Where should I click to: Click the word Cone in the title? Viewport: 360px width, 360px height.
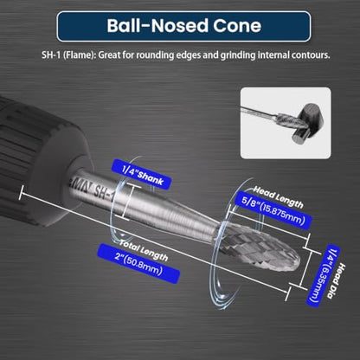(237, 25)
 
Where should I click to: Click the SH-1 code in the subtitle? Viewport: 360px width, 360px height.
(51, 55)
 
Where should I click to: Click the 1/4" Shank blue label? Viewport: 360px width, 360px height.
(142, 174)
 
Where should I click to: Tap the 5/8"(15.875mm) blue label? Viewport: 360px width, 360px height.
(273, 210)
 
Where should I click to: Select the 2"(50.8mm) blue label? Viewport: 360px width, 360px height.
(138, 263)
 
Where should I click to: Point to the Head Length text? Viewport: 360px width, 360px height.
(279, 197)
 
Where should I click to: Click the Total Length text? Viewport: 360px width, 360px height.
(144, 250)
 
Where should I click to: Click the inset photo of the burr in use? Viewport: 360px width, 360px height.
(286, 123)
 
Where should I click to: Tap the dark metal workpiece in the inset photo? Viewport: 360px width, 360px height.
(305, 124)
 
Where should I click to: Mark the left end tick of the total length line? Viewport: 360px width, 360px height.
(21, 192)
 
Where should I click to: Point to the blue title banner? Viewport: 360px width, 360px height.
(183, 26)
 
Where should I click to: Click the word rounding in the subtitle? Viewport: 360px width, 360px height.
(155, 55)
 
